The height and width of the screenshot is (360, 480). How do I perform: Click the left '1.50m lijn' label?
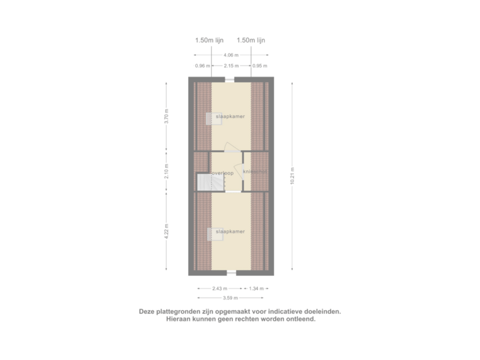[209, 40]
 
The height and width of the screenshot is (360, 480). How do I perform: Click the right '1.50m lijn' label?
[251, 40]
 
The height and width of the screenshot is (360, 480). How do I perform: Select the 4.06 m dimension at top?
[231, 55]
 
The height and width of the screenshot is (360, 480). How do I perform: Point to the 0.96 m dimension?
[203, 66]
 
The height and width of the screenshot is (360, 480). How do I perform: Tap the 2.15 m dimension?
[231, 66]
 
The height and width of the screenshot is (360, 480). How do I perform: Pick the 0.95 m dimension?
[259, 66]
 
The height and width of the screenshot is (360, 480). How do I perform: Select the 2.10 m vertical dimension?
[167, 172]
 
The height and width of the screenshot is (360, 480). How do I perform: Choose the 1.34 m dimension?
[257, 288]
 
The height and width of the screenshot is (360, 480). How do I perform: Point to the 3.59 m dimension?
[231, 298]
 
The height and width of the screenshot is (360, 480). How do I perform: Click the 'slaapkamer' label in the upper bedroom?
[230, 116]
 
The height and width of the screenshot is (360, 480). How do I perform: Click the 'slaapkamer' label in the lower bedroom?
[230, 231]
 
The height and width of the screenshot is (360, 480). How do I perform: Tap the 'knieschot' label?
[255, 172]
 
